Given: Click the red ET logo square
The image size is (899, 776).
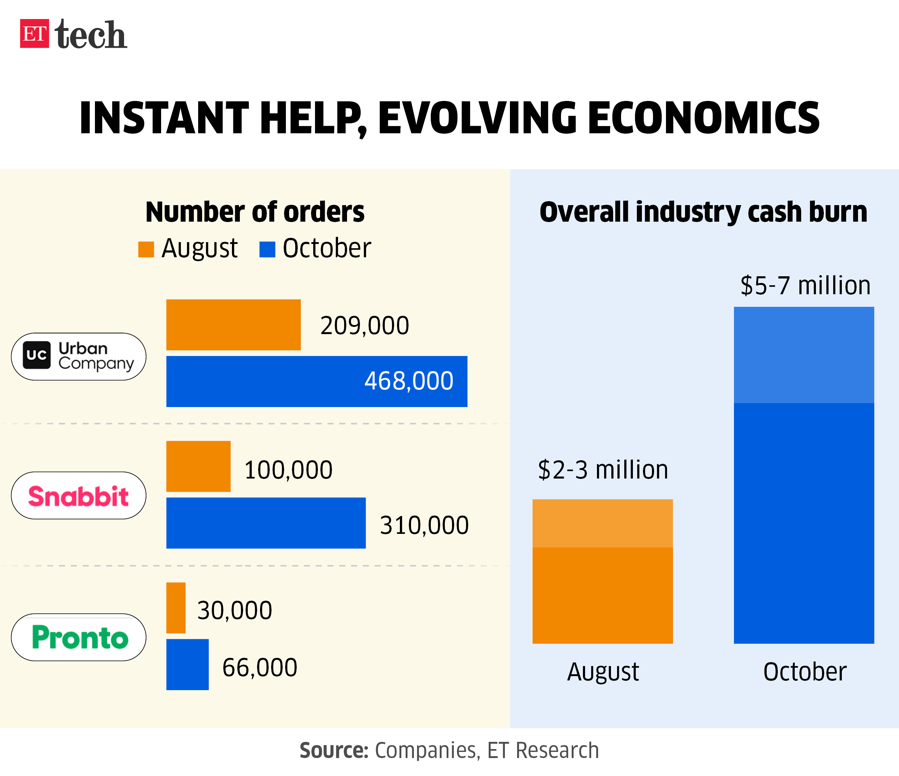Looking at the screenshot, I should click(34, 33).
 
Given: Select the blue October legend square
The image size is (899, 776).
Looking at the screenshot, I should click(267, 249).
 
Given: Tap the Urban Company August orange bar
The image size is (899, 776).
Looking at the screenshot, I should click(233, 325).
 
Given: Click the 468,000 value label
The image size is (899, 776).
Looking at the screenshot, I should click(409, 381).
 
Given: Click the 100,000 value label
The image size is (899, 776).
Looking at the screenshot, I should click(288, 470).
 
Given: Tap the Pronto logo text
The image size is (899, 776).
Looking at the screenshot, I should click(80, 638).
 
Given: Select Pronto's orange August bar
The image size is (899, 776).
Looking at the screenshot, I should click(176, 608).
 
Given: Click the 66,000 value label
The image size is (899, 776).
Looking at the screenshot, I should click(260, 667).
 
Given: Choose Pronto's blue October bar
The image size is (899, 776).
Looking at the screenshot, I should click(187, 664).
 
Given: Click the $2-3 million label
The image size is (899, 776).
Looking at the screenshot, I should click(603, 470).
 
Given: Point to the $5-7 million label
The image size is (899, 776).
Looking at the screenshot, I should click(805, 286).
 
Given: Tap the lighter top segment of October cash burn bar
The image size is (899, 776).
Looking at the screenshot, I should click(804, 355).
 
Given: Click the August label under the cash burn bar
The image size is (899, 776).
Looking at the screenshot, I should click(603, 671).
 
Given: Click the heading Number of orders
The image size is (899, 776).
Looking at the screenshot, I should click(255, 212).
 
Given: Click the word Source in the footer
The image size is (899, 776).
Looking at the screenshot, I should click(334, 750).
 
